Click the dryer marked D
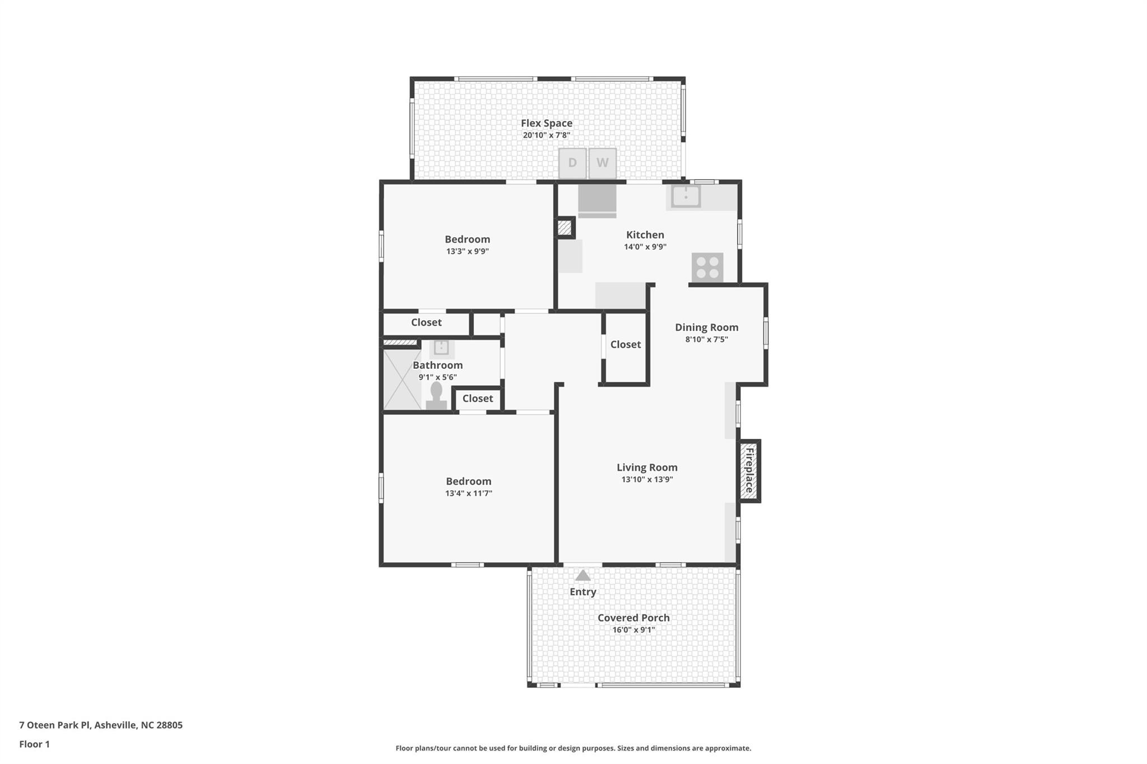pyautogui.click(x=572, y=163)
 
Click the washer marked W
pyautogui.click(x=602, y=163)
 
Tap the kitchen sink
pyautogui.click(x=686, y=196)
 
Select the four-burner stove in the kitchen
pyautogui.click(x=707, y=268)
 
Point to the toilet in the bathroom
pyautogui.click(x=436, y=396)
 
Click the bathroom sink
pyautogui.click(x=441, y=348)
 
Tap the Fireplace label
pyautogui.click(x=749, y=470)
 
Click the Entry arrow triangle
pyautogui.click(x=583, y=575)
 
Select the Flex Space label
pyautogui.click(x=547, y=123)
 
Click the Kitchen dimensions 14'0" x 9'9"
pyautogui.click(x=645, y=247)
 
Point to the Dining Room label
pyautogui.click(x=706, y=327)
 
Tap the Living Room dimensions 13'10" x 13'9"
pyautogui.click(x=647, y=480)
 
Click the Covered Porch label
pyautogui.click(x=633, y=618)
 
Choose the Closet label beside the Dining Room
pyautogui.click(x=626, y=345)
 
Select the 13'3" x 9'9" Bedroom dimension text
pyautogui.click(x=467, y=251)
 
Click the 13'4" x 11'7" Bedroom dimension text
pyautogui.click(x=468, y=494)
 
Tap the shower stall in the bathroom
pyautogui.click(x=402, y=379)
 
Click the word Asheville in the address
pyautogui.click(x=115, y=725)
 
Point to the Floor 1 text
pyautogui.click(x=34, y=744)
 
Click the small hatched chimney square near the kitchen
pyautogui.click(x=565, y=228)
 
